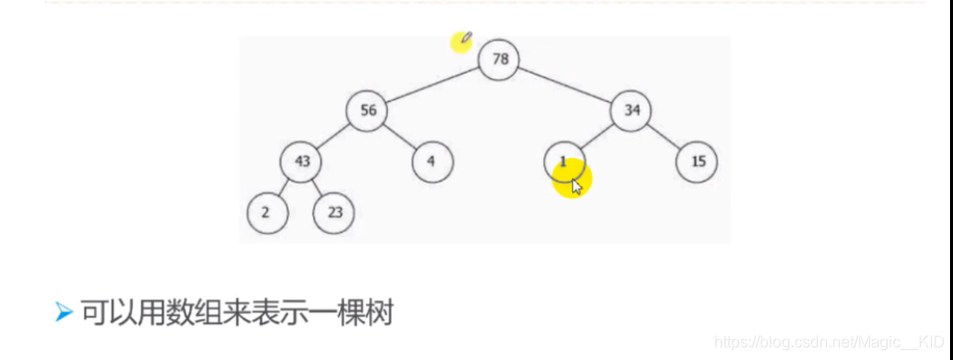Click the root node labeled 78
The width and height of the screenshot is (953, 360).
500,60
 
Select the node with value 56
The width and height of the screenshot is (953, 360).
367,110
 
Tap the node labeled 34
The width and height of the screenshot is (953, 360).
632,110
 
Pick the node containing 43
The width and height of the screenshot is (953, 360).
300,162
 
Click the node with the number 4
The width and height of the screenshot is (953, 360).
432,162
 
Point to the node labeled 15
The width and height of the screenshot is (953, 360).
697,162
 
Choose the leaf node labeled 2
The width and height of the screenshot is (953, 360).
267,212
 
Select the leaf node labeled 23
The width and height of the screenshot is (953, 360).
334,212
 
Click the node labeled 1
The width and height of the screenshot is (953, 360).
564,162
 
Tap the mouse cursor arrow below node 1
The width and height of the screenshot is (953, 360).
576,185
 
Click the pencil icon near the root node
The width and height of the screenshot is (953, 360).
466,39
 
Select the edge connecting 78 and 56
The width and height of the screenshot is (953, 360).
433,85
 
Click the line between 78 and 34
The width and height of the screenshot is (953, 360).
566,85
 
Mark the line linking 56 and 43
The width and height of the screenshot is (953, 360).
334,136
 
